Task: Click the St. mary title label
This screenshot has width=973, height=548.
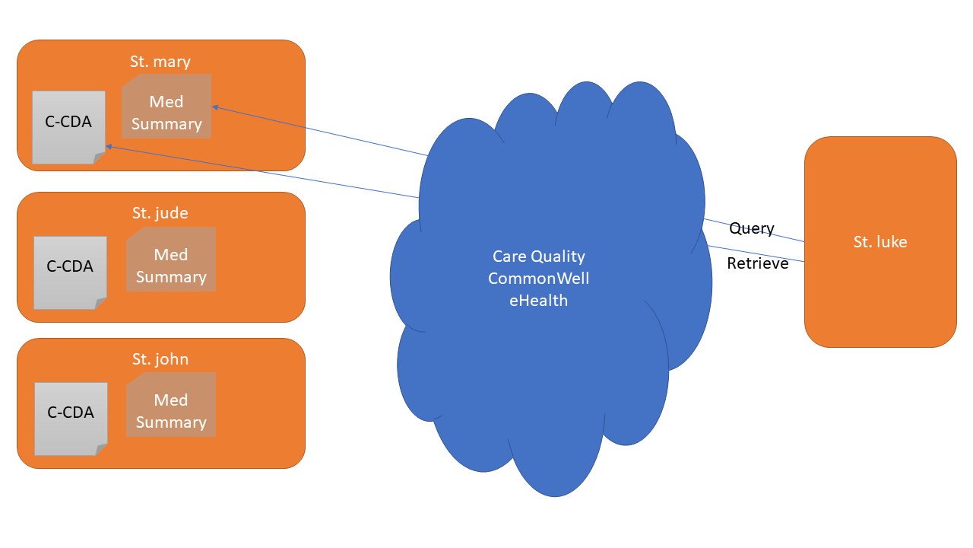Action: tap(160, 62)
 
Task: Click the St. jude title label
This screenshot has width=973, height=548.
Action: tap(160, 213)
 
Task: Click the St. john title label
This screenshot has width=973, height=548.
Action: tap(160, 359)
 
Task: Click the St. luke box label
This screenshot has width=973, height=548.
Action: tap(880, 242)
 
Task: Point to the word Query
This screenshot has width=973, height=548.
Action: tap(751, 228)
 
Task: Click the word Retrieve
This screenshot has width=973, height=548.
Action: tap(757, 263)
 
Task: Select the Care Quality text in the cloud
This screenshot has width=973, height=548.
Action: tap(539, 256)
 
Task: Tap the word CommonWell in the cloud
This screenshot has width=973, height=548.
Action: tap(539, 279)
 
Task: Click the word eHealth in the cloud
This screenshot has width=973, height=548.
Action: tap(539, 301)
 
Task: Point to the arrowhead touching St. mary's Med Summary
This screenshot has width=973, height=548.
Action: tap(215, 107)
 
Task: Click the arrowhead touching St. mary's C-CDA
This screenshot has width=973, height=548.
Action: tap(109, 145)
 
